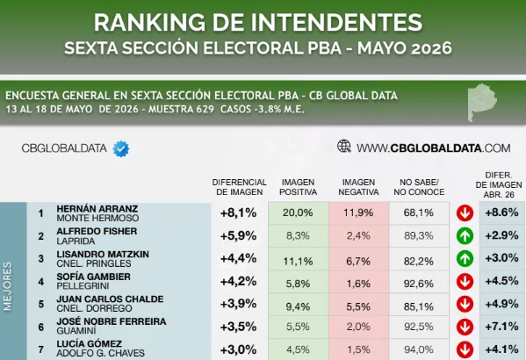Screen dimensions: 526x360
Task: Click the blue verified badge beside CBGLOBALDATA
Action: tap(121, 148)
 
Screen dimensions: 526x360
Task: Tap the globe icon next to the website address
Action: tap(344, 147)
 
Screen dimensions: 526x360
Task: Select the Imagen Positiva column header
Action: tap(298, 187)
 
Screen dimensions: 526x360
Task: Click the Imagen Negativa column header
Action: tap(358, 187)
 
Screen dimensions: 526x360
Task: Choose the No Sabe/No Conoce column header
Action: tap(419, 187)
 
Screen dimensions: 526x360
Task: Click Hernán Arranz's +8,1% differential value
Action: tap(238, 212)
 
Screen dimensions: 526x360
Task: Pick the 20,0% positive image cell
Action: tap(298, 212)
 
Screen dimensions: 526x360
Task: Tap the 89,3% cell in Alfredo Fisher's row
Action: tap(419, 236)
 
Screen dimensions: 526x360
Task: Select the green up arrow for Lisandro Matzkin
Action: tap(465, 259)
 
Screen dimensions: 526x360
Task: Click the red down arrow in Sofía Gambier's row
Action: tap(465, 282)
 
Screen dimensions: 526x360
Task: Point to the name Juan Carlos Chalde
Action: tap(110, 299)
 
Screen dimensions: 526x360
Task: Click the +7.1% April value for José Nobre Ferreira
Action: tap(501, 326)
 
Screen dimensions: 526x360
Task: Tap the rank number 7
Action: tap(41, 349)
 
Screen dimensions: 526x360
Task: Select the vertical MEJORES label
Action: tap(7, 286)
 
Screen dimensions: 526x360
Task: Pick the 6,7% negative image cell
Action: tap(358, 261)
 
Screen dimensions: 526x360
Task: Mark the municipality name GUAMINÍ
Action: tap(76, 331)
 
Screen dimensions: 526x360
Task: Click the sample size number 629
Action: tap(205, 110)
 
